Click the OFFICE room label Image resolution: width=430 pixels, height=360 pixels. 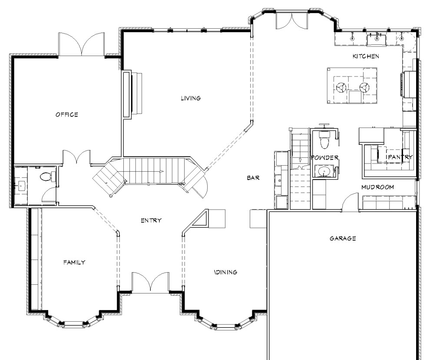coord(66,114)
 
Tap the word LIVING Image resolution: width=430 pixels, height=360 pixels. coord(191,98)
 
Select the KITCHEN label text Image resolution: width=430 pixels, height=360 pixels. coord(366,56)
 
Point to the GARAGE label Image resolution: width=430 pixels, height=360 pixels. coord(343,238)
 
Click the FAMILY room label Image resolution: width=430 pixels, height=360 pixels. coord(74,263)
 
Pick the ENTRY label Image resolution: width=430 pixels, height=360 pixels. coord(151,220)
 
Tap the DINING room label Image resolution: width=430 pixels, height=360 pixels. coord(225,272)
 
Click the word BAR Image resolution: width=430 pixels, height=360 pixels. coord(253,178)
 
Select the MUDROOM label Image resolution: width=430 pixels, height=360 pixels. coord(377,187)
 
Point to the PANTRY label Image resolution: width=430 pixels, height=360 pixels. coord(400,157)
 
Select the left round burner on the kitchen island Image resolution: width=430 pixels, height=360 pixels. coord(341,88)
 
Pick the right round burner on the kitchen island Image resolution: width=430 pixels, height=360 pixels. coord(364,88)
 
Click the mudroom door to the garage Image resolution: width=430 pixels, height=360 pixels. coord(350,202)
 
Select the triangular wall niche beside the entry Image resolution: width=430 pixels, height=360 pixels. coord(200,219)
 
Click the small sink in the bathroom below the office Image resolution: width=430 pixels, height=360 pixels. coord(21,186)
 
